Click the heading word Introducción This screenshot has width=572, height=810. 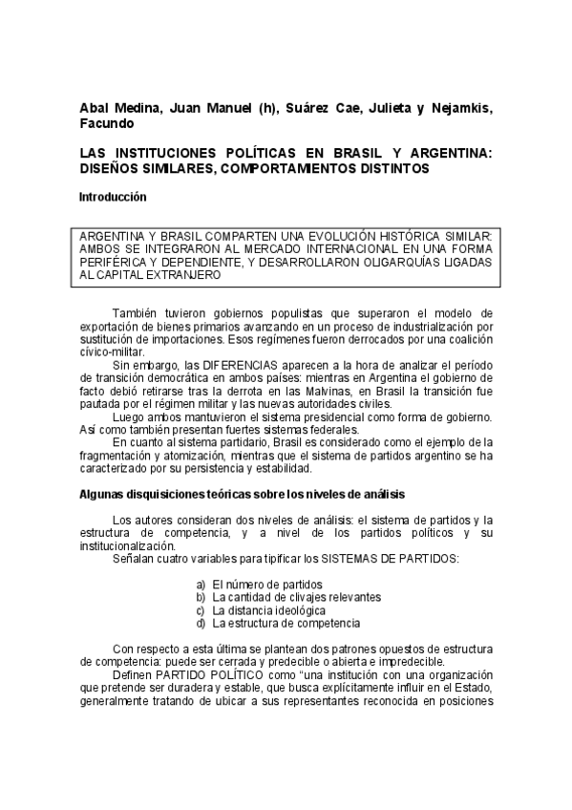113,197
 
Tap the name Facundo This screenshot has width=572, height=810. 107,122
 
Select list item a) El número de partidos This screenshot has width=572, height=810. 259,584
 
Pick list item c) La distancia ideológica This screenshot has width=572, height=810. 261,609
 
